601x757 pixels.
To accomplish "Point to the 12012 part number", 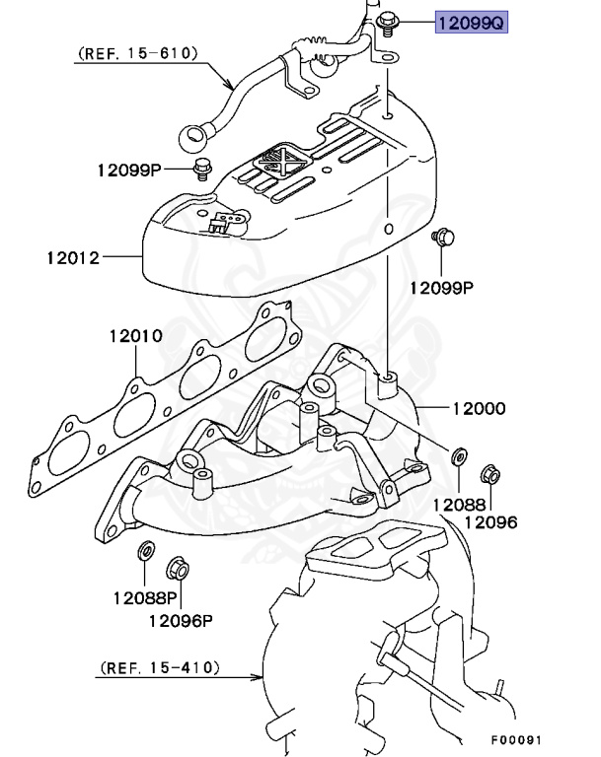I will click(72, 258).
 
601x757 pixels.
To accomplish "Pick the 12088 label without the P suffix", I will click(457, 505).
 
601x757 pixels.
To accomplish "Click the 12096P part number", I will click(181, 620).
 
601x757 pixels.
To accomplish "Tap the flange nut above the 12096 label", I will click(489, 476).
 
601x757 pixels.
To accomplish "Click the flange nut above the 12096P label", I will click(178, 568).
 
